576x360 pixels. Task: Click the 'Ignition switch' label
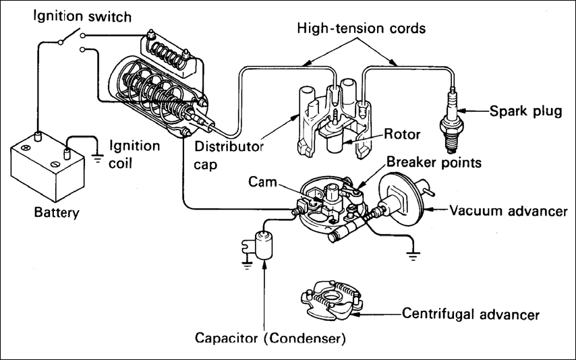[82, 17]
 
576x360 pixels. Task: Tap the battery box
[47, 167]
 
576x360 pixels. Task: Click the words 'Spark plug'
[525, 111]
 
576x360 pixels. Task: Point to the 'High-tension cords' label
[361, 28]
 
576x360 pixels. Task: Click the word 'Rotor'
[402, 134]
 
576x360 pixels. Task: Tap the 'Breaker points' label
[434, 162]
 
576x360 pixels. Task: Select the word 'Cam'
[262, 181]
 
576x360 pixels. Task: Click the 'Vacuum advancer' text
[509, 211]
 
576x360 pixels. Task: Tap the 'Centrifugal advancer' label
[471, 314]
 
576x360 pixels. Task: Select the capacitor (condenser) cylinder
[264, 245]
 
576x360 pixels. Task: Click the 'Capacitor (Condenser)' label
[270, 338]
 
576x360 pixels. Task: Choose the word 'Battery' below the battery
[57, 212]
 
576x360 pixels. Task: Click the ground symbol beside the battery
[97, 158]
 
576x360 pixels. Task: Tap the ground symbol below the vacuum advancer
[413, 256]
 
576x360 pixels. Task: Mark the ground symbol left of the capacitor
[247, 265]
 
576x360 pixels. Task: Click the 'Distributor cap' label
[229, 155]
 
